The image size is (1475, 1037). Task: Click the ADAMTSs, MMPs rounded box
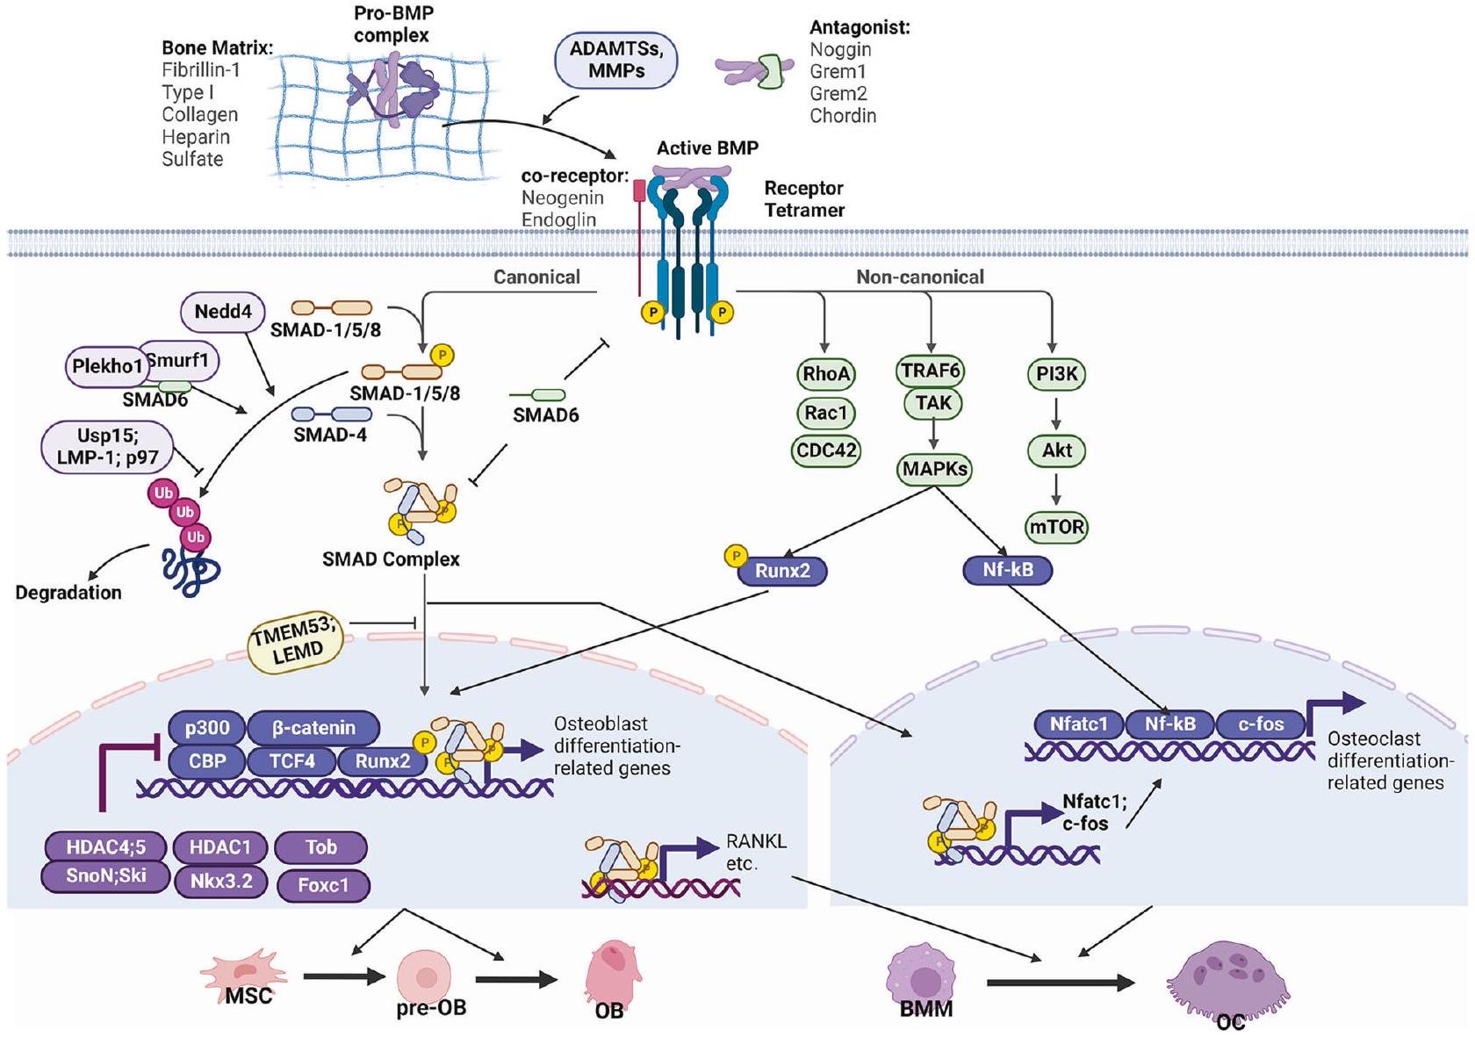[616, 61]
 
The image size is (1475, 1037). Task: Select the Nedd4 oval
[223, 312]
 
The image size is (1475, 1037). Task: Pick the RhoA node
[825, 374]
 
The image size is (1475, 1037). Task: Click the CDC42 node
[825, 450]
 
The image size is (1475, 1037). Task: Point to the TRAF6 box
[931, 371]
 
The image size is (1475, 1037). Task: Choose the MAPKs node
[934, 469]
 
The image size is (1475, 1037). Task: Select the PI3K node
[1056, 374]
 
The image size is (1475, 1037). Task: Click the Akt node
[1056, 450]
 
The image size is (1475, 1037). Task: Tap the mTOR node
[1056, 527]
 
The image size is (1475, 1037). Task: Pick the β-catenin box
[313, 728]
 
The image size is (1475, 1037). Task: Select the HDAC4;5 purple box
[106, 847]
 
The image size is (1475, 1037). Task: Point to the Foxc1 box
[323, 885]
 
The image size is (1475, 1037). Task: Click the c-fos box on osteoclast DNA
[1261, 724]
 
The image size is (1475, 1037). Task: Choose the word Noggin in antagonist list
[840, 49]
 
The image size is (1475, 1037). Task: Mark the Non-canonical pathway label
[920, 277]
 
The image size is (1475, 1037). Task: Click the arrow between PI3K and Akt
[1056, 413]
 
